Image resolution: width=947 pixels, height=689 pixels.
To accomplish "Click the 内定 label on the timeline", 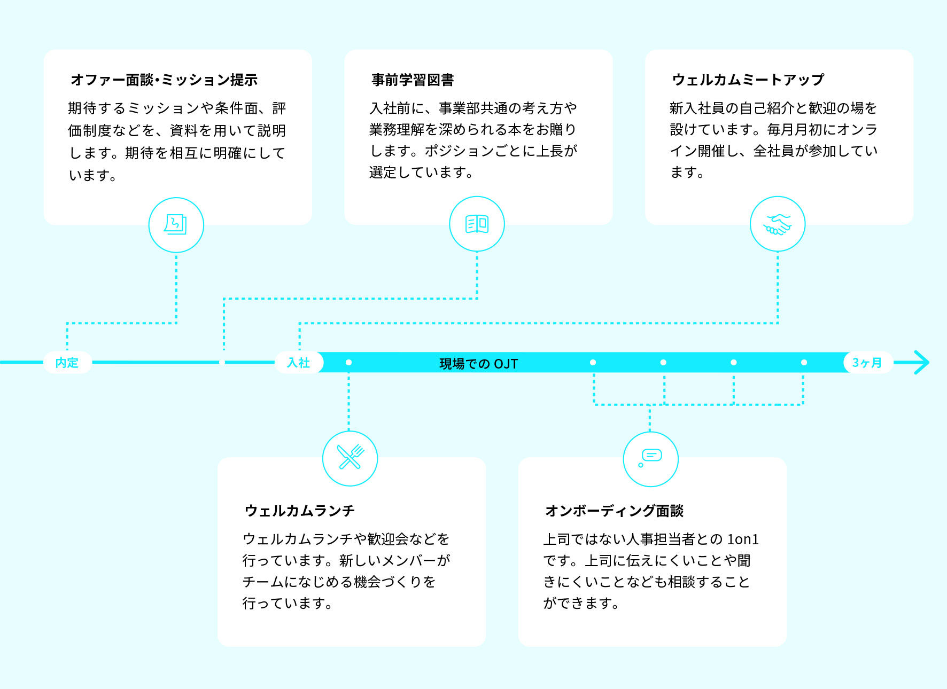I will [67, 363].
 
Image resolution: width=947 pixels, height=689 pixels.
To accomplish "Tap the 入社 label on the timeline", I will [298, 363].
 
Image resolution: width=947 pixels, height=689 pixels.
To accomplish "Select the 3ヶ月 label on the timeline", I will [867, 363].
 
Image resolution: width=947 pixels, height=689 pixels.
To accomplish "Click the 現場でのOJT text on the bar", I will [478, 364].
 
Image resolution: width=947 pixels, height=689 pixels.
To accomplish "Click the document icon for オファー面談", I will [176, 225].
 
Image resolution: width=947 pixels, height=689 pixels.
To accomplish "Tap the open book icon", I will [477, 224].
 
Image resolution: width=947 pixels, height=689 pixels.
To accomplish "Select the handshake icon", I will [778, 224].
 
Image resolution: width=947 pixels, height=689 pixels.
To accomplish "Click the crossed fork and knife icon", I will [350, 458].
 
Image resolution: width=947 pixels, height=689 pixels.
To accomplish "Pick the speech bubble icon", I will [651, 458].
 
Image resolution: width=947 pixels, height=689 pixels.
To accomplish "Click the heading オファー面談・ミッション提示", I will [164, 80].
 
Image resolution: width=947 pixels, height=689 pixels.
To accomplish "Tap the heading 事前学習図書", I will [413, 80].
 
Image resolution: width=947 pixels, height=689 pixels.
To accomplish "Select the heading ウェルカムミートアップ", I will [748, 80].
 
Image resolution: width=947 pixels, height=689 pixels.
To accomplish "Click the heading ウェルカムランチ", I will [299, 511].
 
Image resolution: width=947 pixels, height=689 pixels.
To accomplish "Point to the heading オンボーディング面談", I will [614, 511].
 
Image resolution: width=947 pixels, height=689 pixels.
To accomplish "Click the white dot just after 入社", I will [348, 363].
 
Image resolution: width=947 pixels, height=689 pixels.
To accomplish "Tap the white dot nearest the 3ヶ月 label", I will [804, 363].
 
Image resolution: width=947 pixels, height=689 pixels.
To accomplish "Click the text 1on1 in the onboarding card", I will [743, 539].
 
